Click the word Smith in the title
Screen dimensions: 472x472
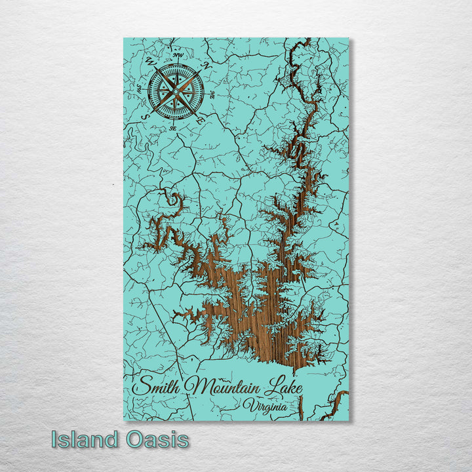tap(157, 386)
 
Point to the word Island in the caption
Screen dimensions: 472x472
tap(84, 439)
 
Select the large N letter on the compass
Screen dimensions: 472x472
tap(205, 66)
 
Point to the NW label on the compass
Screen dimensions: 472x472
tap(178, 55)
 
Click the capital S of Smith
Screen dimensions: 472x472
tap(143, 385)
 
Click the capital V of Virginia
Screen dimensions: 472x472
tap(248, 406)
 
